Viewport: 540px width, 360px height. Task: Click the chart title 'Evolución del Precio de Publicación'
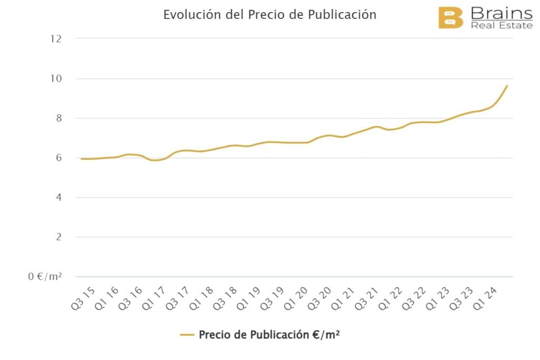[269, 15]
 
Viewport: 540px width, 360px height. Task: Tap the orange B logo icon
[450, 18]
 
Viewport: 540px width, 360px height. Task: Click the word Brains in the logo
[501, 13]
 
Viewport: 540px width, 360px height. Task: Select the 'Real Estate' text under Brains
[502, 25]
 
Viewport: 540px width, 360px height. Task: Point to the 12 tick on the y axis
[56, 38]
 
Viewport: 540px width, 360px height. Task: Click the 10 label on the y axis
[56, 79]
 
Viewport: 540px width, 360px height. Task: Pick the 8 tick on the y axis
[59, 118]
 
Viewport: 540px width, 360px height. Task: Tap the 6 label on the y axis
[59, 158]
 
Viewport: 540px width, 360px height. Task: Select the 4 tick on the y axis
[59, 197]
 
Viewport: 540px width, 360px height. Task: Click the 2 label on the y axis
[59, 237]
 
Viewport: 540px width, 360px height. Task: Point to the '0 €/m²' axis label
[45, 276]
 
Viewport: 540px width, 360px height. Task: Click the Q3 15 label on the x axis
[83, 298]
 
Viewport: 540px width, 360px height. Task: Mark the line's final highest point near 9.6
[507, 85]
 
